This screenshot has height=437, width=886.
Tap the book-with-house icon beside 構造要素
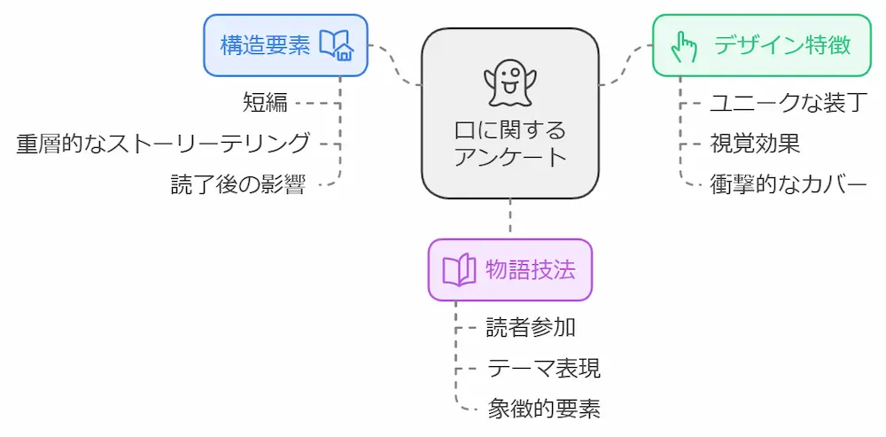[337, 45]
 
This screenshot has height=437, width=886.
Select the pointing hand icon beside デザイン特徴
[683, 45]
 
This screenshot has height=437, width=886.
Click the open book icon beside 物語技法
[460, 270]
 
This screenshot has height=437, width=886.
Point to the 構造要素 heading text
[265, 45]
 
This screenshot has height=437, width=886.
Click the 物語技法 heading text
[531, 270]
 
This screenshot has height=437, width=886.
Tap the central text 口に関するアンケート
[509, 144]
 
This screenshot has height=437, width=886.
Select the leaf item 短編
[265, 102]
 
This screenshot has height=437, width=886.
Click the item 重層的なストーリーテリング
[163, 143]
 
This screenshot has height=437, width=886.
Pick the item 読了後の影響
[238, 184]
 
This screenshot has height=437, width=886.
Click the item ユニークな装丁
[787, 102]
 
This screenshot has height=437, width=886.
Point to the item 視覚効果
[755, 143]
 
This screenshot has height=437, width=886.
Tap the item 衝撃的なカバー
[788, 184]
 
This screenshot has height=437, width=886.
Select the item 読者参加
[531, 327]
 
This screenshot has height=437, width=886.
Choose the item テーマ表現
[544, 368]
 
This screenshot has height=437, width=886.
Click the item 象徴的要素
[544, 409]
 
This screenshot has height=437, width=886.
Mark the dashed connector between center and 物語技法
[509, 218]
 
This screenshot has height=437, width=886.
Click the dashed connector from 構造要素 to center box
[395, 66]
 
